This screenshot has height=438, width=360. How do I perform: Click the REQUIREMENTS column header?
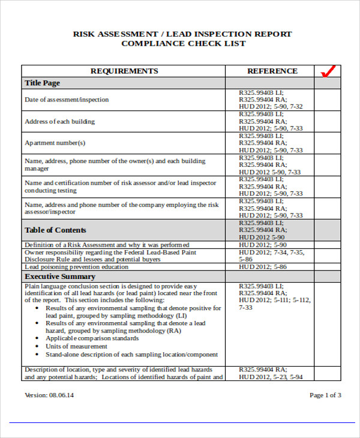[124, 71]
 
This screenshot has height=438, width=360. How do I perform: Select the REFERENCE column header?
[272, 71]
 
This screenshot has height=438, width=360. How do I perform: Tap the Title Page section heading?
[42, 83]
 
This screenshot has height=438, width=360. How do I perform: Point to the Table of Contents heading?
[55, 230]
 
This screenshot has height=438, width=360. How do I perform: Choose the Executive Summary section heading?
[60, 277]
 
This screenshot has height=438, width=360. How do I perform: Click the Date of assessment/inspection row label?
[67, 100]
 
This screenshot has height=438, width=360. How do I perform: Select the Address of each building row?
[59, 121]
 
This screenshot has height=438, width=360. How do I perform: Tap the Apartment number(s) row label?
[55, 143]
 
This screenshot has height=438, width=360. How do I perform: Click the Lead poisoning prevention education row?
[76, 266]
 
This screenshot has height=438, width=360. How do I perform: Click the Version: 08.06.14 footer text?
[49, 395]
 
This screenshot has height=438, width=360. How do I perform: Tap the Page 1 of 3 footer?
[325, 395]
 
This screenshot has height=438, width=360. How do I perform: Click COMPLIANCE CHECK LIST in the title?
[183, 44]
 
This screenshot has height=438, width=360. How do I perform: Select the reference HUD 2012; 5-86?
[263, 266]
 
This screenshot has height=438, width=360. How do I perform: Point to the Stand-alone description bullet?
[131, 354]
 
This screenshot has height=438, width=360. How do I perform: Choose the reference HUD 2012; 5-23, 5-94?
[271, 377]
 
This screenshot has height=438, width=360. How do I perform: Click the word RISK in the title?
[84, 34]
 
